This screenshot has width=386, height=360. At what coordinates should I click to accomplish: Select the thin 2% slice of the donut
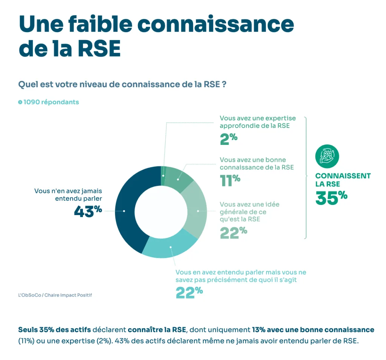point(163,176)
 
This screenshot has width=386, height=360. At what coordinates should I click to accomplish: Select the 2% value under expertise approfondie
point(228,138)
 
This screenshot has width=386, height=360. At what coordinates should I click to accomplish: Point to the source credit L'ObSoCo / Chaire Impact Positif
point(55,295)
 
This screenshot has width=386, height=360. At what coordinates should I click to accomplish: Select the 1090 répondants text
point(51,102)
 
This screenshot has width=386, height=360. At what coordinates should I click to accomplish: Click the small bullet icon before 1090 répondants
point(20,102)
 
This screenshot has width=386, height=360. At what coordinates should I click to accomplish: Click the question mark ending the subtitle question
point(224,84)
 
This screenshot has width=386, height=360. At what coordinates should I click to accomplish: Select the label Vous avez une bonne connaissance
point(256,163)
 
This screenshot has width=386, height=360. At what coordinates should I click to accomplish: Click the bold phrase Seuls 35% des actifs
point(55,329)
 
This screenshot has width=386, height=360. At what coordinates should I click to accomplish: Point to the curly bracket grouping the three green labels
point(305,177)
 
